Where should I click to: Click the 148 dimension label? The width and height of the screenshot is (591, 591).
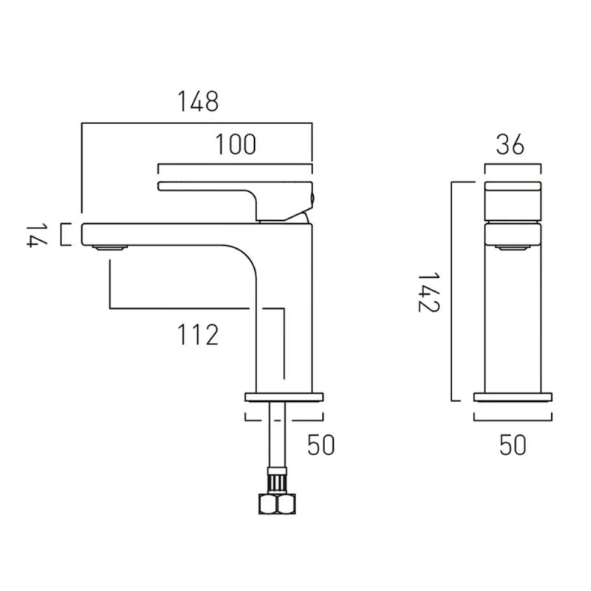[x=197, y=101]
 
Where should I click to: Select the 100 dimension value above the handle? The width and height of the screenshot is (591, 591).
[x=236, y=145]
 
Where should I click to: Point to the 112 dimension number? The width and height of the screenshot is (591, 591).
[x=197, y=335]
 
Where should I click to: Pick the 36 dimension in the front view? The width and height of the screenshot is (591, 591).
[x=509, y=146]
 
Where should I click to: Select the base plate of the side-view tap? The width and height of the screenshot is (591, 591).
[x=284, y=397]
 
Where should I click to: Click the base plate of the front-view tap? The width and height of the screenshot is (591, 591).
[x=512, y=397]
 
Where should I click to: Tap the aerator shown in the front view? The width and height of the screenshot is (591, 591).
[x=512, y=250]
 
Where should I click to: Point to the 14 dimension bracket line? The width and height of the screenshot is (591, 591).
[x=62, y=235]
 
